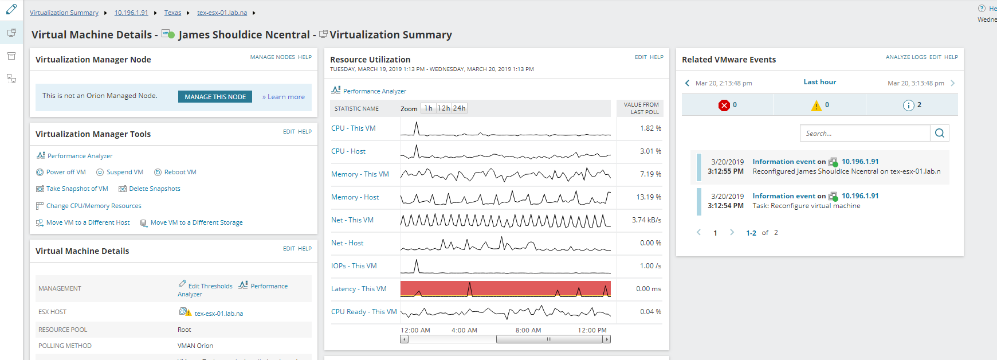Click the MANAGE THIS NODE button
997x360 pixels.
click(x=215, y=97)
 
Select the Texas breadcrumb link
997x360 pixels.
click(x=172, y=13)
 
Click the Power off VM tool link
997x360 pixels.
click(x=65, y=172)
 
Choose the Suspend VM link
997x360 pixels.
click(x=124, y=172)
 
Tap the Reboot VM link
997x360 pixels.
click(x=180, y=172)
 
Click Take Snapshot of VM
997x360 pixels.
click(x=77, y=189)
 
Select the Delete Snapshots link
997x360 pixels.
click(x=154, y=189)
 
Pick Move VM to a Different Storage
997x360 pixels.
click(x=196, y=222)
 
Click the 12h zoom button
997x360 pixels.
click(x=443, y=108)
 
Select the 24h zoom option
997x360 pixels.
click(x=460, y=108)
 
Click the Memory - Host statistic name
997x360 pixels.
click(x=355, y=197)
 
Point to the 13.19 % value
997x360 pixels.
click(x=649, y=197)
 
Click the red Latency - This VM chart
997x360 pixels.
click(x=505, y=289)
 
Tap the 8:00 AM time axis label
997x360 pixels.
click(x=528, y=330)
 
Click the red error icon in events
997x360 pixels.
click(x=724, y=105)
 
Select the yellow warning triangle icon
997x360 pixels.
click(x=816, y=105)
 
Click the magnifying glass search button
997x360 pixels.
click(x=940, y=133)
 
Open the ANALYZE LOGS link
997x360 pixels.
click(x=905, y=57)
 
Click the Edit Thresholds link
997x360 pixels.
click(x=210, y=286)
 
